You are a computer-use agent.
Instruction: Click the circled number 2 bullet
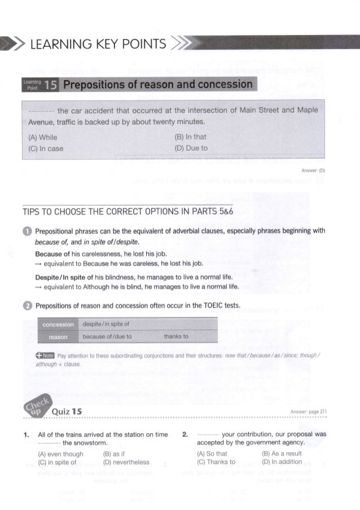coord(27,307)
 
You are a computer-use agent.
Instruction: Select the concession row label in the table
coord(58,325)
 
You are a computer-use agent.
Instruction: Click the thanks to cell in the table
coord(175,336)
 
